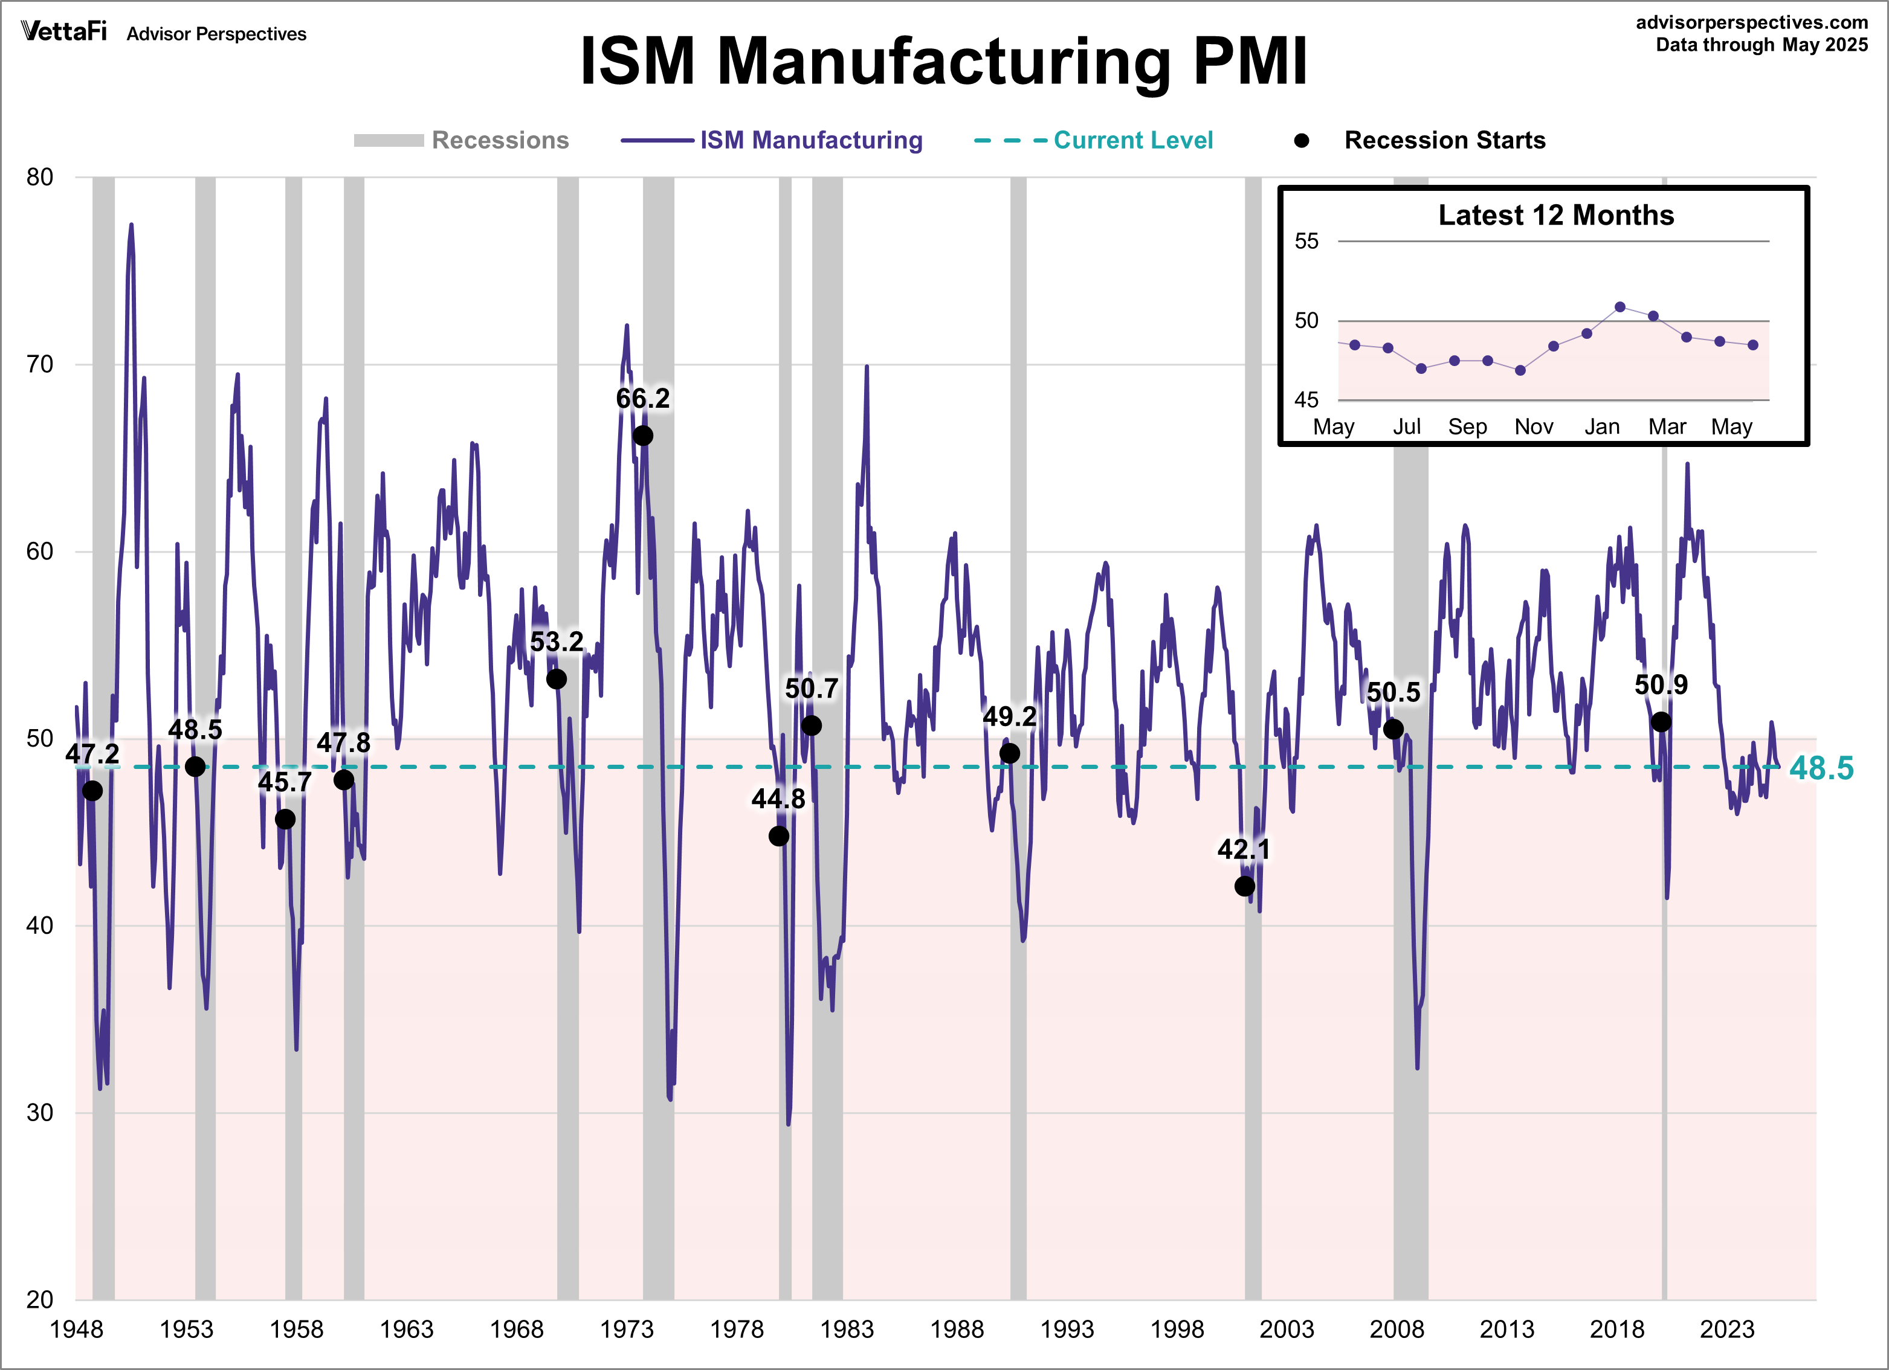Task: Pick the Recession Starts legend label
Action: (1444, 140)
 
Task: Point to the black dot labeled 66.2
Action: (642, 436)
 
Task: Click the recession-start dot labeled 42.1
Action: (1244, 886)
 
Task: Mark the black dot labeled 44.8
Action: (779, 835)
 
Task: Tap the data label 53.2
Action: (557, 642)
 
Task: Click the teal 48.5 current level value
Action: (1821, 768)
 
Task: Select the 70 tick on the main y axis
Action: (39, 364)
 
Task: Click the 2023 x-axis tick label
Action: (1726, 1329)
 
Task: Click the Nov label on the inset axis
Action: (1533, 427)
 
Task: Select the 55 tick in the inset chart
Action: (1306, 242)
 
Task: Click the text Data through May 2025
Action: (1761, 45)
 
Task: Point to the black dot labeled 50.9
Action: (1661, 722)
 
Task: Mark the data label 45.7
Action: (285, 782)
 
